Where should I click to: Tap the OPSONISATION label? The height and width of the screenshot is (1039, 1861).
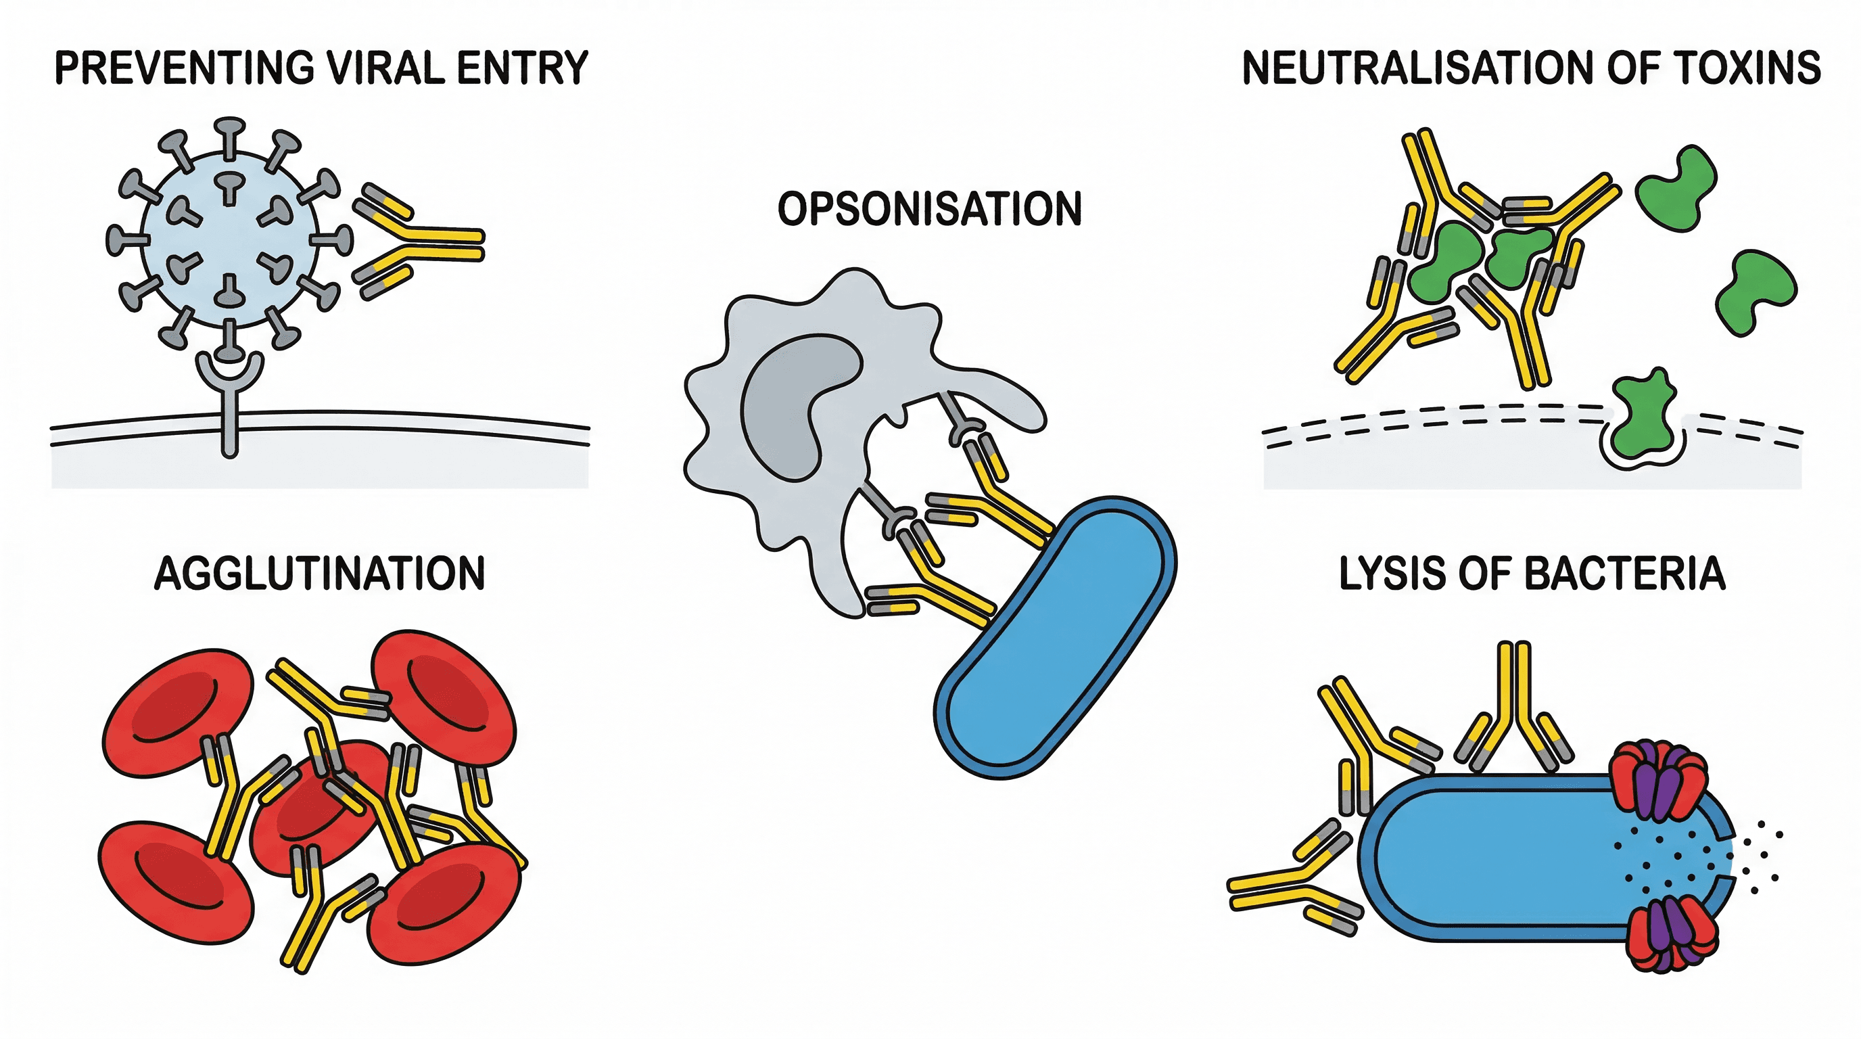(x=929, y=210)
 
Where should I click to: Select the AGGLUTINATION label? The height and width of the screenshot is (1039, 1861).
(x=319, y=574)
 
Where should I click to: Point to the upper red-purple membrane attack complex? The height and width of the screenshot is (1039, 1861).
(x=1659, y=781)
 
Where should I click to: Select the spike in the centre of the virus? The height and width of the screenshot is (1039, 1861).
(x=230, y=188)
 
